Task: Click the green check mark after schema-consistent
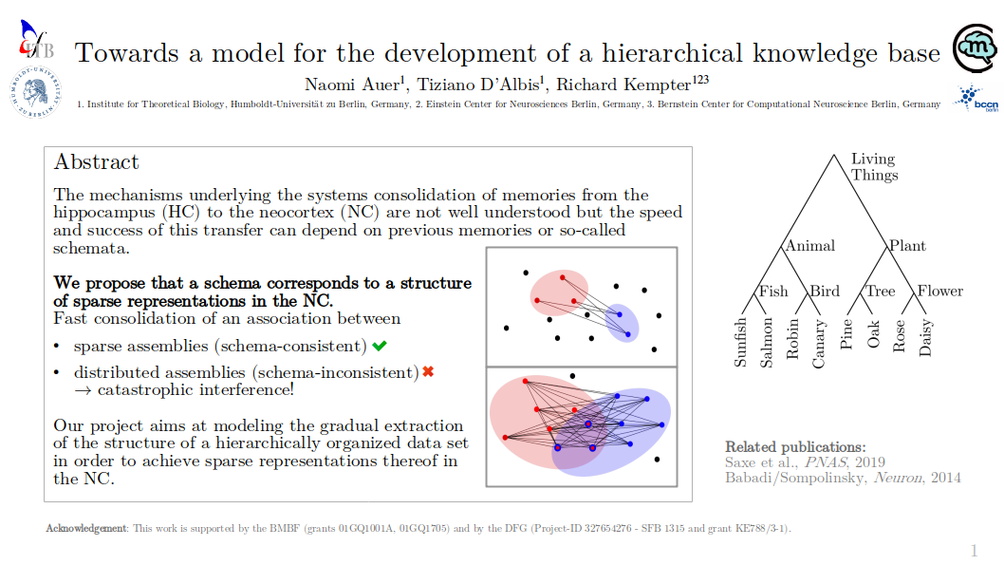[380, 346]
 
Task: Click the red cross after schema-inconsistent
[428, 371]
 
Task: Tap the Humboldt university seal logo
[36, 92]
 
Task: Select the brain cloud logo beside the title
[974, 48]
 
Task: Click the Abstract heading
[96, 162]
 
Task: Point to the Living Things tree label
[874, 166]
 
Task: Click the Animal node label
[810, 245]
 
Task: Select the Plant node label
[908, 245]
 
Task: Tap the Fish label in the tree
[773, 292]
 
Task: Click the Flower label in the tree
[940, 291]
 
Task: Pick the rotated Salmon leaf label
[767, 343]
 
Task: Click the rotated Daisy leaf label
[925, 338]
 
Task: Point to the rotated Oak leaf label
[873, 334]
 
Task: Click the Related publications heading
[795, 447]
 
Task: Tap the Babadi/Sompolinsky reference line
[843, 478]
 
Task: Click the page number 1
[974, 551]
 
